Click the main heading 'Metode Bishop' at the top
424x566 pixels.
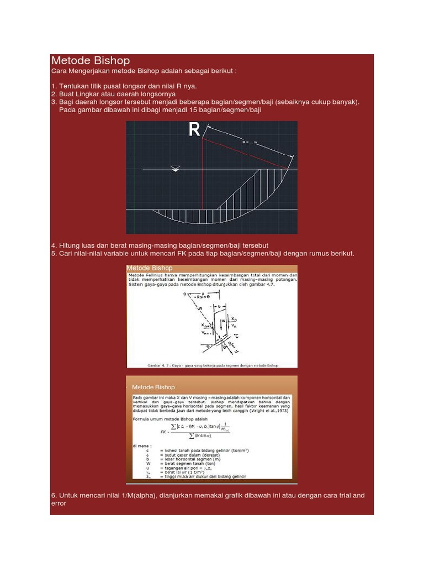[x=91, y=61]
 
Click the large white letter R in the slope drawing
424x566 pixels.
[x=194, y=130]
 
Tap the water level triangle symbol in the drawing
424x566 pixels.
[x=176, y=168]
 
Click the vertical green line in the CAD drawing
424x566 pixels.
[x=134, y=177]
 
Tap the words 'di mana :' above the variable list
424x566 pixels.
[x=140, y=444]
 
